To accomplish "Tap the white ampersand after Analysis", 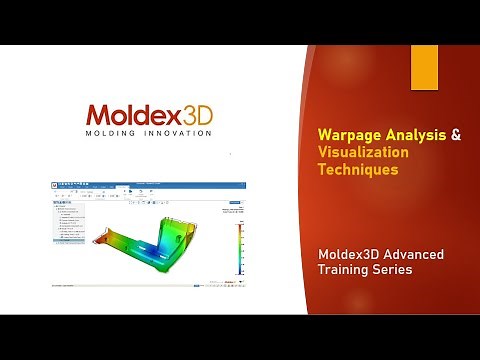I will pos(456,134).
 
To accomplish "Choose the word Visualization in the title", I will pos(363,152).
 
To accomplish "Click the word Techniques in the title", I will pos(358,170).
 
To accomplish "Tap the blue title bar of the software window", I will pos(150,185).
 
